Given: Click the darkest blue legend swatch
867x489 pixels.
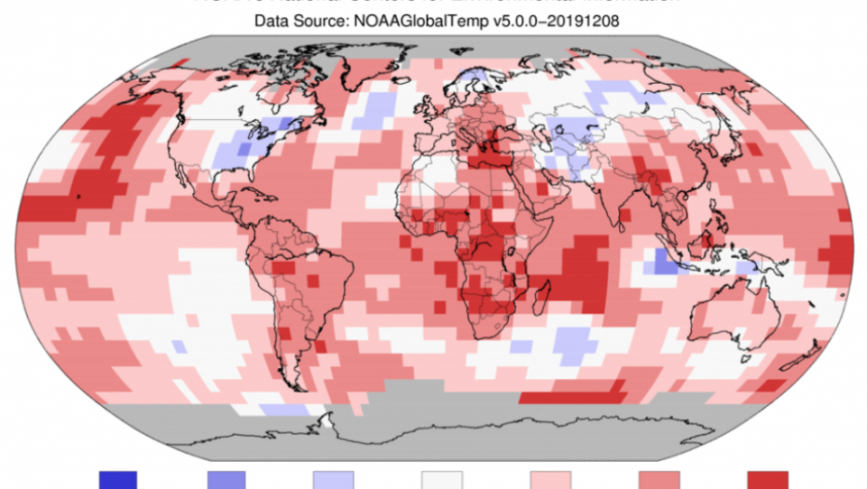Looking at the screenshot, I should pos(118,480).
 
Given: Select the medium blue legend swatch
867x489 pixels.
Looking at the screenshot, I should pos(227,480).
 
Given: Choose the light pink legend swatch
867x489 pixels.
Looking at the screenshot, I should pos(550,480).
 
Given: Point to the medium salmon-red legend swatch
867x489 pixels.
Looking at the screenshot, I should pos(658,480).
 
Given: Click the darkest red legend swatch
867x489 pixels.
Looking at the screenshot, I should pos(766,480).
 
